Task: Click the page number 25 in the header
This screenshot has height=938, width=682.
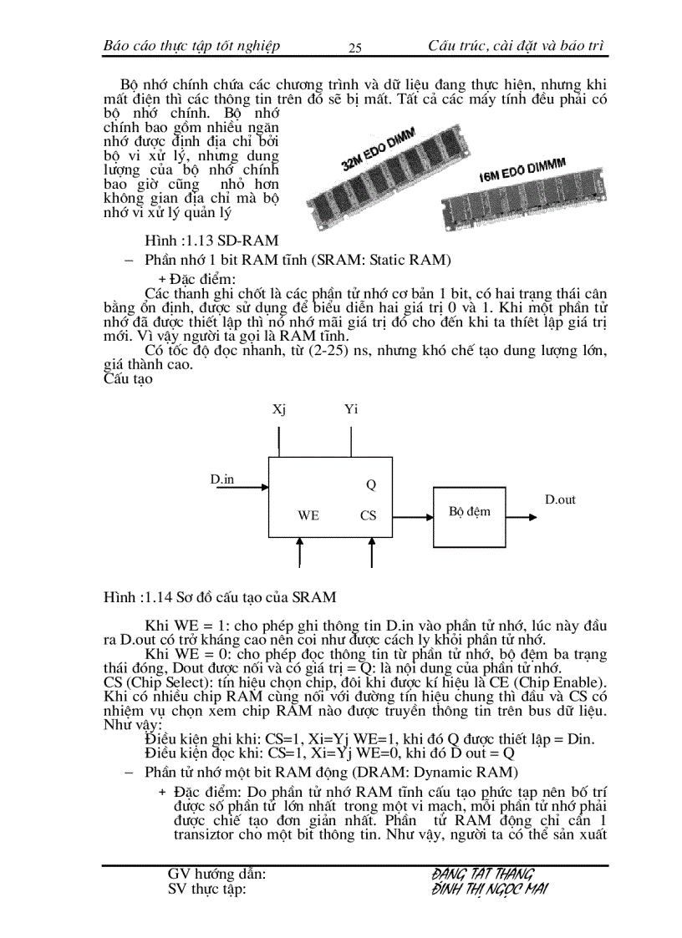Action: coord(354,48)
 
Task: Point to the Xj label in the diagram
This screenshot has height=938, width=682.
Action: coord(279,409)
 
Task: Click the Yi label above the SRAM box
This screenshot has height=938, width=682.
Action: coord(351,409)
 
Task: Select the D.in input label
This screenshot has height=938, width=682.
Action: coord(222,479)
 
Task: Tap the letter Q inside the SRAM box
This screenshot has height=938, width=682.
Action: coord(372,484)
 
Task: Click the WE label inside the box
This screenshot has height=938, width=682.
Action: coord(308,515)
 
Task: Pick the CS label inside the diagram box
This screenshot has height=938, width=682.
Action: coord(369,515)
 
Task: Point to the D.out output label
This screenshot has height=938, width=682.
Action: coord(560,499)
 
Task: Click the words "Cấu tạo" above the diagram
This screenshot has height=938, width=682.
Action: coord(128,379)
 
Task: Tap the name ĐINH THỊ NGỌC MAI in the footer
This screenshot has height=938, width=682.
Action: coord(490,890)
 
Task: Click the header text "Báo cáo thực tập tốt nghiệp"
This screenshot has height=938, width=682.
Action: coord(191,45)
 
